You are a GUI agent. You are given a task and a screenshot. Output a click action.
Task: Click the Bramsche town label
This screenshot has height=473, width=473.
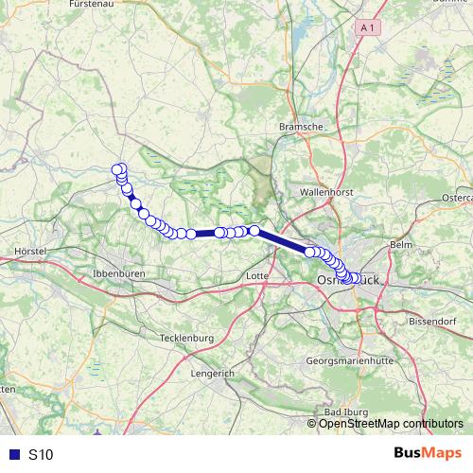point(302,126)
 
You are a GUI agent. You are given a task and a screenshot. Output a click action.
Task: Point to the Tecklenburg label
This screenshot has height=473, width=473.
point(189,338)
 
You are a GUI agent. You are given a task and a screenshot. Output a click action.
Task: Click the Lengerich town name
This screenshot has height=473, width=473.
point(212,374)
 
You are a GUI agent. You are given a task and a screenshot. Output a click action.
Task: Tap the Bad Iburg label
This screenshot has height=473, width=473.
point(345,412)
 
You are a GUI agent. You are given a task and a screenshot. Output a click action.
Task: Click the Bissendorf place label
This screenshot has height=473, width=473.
point(434,322)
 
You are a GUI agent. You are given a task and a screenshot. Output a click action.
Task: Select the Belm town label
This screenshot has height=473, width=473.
point(402,244)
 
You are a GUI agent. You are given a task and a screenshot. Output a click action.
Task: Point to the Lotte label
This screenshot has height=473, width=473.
point(256,275)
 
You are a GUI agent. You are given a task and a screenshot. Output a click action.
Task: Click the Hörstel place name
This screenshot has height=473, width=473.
point(32,252)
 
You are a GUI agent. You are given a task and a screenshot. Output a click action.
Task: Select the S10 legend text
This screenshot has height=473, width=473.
point(41,455)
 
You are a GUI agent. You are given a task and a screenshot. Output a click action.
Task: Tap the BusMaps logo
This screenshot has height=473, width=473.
point(427,454)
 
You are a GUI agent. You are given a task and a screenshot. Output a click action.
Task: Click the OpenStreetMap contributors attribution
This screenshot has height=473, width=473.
point(391,423)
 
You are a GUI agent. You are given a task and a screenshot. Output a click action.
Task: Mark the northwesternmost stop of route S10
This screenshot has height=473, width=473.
point(118,170)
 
